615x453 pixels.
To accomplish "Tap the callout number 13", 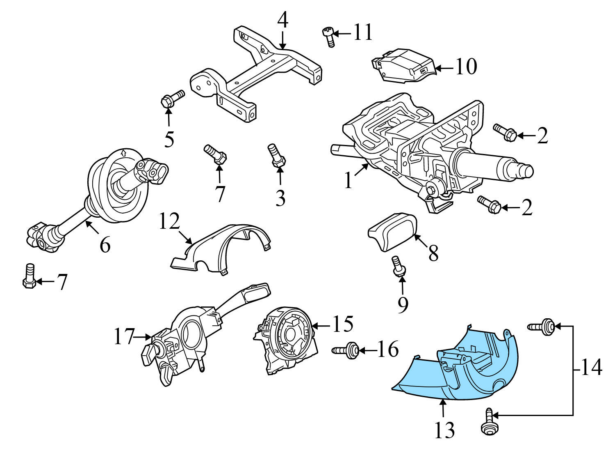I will point(445,430).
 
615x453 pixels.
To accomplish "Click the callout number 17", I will point(124,337).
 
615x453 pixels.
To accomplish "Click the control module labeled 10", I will point(404,66).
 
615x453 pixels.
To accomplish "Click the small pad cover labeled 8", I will point(393,232).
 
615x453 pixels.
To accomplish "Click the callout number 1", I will point(348,180).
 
